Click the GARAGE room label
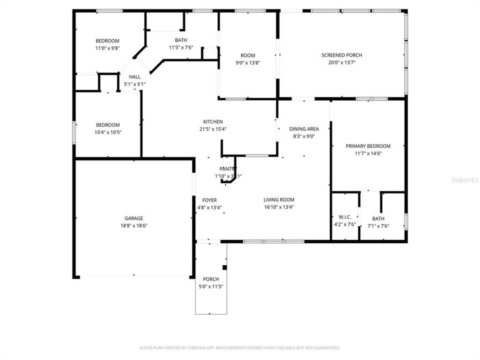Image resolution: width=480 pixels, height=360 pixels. [x=134, y=218]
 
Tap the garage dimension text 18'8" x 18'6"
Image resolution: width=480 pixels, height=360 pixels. [x=134, y=225]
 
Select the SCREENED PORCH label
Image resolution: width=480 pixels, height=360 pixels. [x=341, y=55]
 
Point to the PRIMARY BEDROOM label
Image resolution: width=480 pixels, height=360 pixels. [x=368, y=146]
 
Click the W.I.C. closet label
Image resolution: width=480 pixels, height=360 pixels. [x=345, y=216]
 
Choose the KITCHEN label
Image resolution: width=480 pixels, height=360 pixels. [x=212, y=121]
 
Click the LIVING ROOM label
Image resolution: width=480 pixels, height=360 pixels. [x=279, y=199]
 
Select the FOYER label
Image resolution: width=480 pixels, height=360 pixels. [x=209, y=200]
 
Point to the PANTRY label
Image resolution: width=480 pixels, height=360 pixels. [x=227, y=169]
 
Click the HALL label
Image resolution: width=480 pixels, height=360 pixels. [x=134, y=76]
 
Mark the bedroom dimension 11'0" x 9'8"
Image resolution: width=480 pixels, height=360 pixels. [x=107, y=48]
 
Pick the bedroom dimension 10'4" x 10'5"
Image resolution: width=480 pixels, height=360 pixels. [x=107, y=132]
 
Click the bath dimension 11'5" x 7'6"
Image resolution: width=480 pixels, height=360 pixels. [x=180, y=47]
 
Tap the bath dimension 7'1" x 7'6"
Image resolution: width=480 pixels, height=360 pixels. [x=378, y=226]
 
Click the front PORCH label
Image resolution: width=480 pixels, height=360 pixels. [x=210, y=279]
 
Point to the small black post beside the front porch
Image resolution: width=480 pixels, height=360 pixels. [x=224, y=267]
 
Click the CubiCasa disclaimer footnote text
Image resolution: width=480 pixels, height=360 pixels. [x=240, y=347]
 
